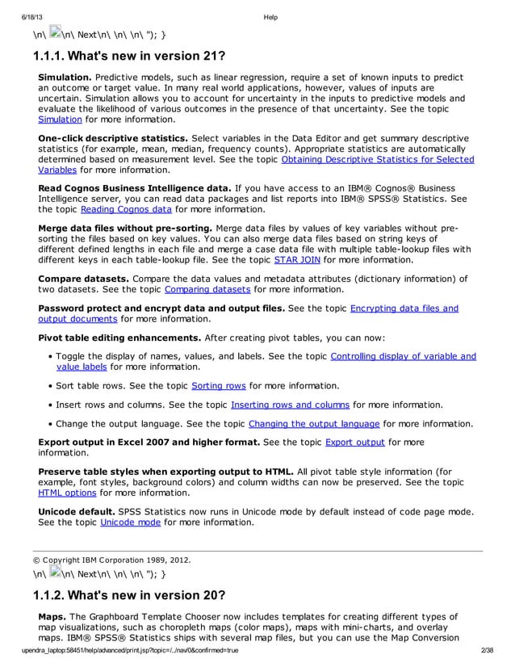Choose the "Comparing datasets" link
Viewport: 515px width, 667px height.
click(x=207, y=288)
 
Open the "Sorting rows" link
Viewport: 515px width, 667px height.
click(x=218, y=385)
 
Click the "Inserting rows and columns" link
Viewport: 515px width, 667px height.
click(x=290, y=405)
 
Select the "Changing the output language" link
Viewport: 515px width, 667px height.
click(x=313, y=423)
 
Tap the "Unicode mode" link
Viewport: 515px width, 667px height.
click(x=130, y=522)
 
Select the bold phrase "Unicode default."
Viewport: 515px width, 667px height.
click(x=77, y=511)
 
